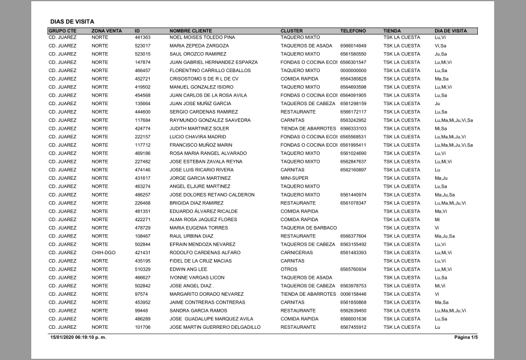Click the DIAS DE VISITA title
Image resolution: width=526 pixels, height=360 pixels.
coord(72,21)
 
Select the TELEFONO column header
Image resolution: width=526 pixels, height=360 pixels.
coord(353,31)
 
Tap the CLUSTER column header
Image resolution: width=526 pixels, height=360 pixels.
coord(292,31)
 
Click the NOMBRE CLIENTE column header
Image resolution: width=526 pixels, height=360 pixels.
coord(191,31)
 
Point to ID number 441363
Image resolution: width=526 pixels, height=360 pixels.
coord(142,37)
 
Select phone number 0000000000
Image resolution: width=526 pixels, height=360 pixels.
coord(353,70)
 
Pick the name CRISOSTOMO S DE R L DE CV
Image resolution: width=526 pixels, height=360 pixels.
coord(204,79)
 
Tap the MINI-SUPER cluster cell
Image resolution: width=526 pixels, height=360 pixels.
coord(294,178)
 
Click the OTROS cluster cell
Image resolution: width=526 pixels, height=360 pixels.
coord(289,269)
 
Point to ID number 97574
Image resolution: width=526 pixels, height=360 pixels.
coord(141,294)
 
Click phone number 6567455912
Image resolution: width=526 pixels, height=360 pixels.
coord(353,327)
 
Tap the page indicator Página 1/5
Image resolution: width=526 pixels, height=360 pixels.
coord(466,338)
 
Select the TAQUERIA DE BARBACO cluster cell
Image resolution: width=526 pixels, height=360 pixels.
coord(307,228)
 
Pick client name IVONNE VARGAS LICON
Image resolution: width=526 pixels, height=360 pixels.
coord(197,278)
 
